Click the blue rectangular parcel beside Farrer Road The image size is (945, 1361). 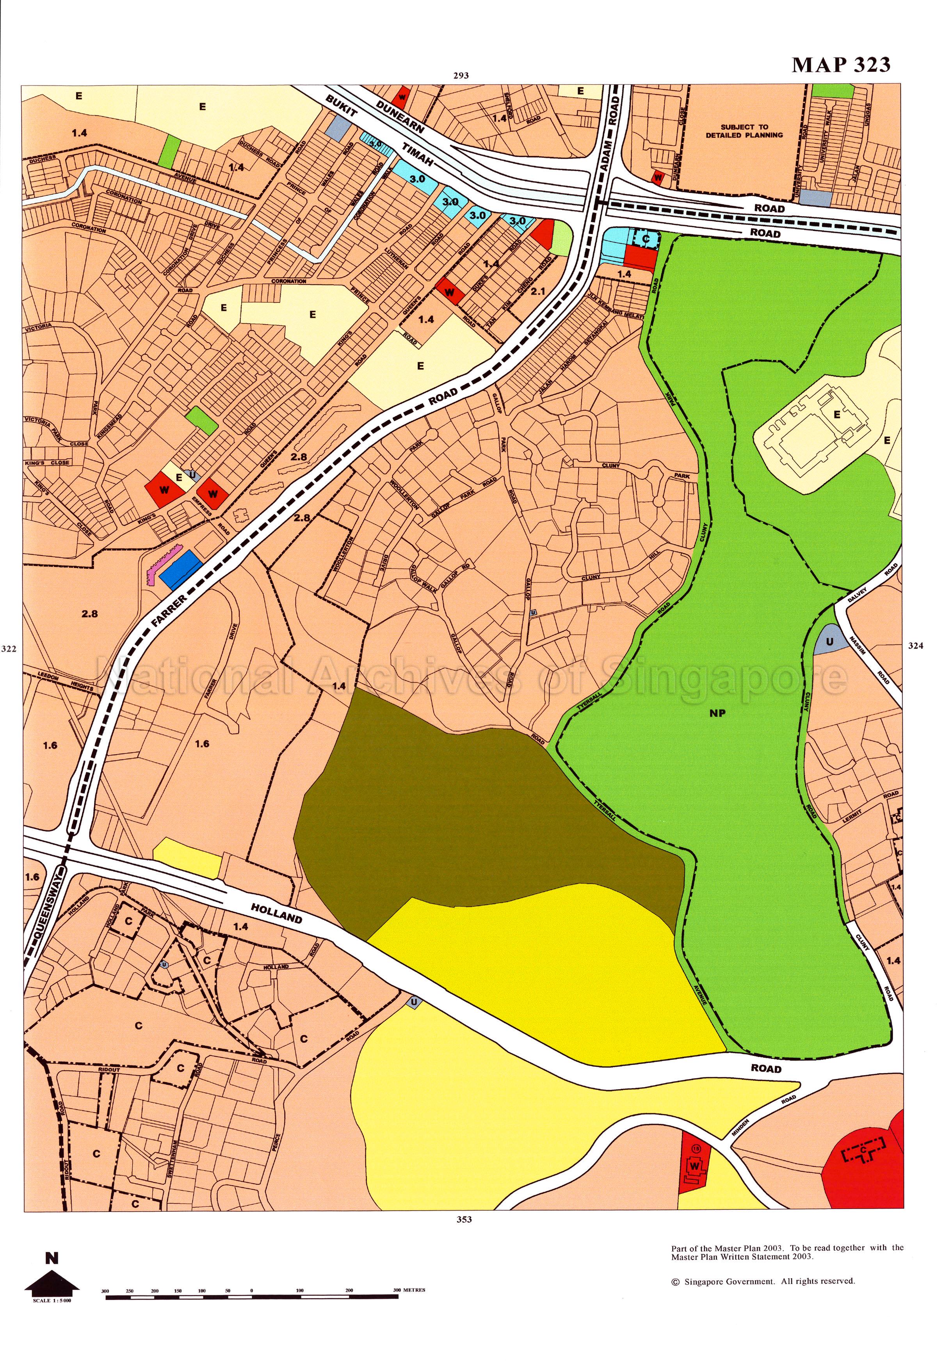pos(182,570)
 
